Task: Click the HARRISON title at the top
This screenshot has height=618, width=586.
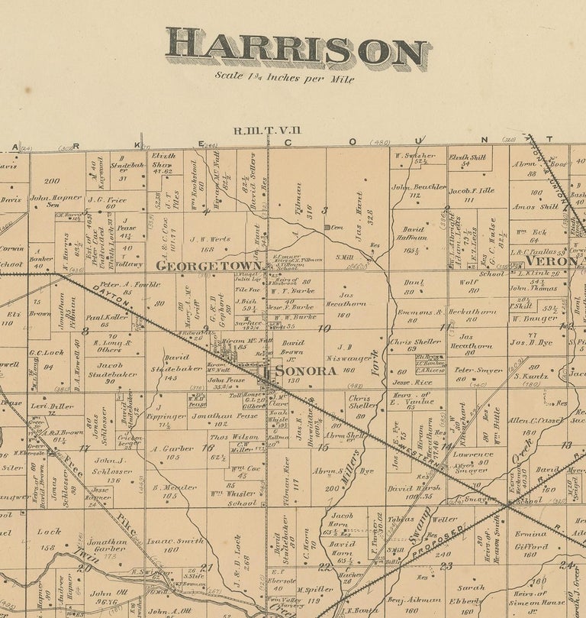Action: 298,50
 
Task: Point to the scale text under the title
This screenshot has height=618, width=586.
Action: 284,77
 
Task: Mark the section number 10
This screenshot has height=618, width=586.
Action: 324,329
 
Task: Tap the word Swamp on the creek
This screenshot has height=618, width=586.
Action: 417,533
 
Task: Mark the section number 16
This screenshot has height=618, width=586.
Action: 207,448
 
